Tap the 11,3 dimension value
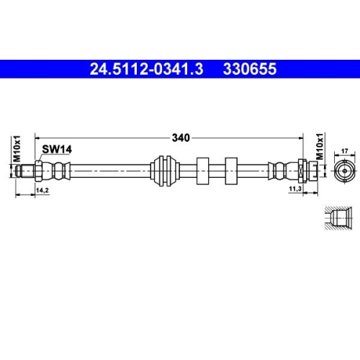tap(295, 190)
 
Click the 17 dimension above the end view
tap(343, 150)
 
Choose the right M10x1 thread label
tap(320, 150)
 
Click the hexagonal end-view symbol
tap(343, 172)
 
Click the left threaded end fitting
tap(30, 171)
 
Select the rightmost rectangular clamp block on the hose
tap(232, 171)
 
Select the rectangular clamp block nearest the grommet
tap(202, 171)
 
